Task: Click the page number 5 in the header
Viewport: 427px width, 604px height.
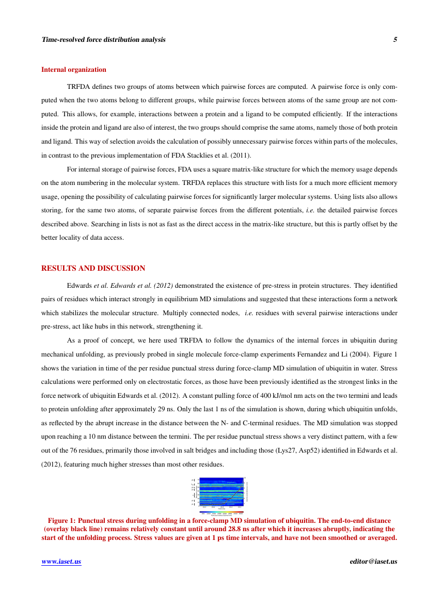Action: (x=395, y=40)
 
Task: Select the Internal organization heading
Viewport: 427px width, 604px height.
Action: (x=74, y=69)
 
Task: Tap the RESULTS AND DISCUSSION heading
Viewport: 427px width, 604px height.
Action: (x=93, y=268)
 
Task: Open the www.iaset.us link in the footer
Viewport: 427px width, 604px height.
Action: (x=61, y=562)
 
